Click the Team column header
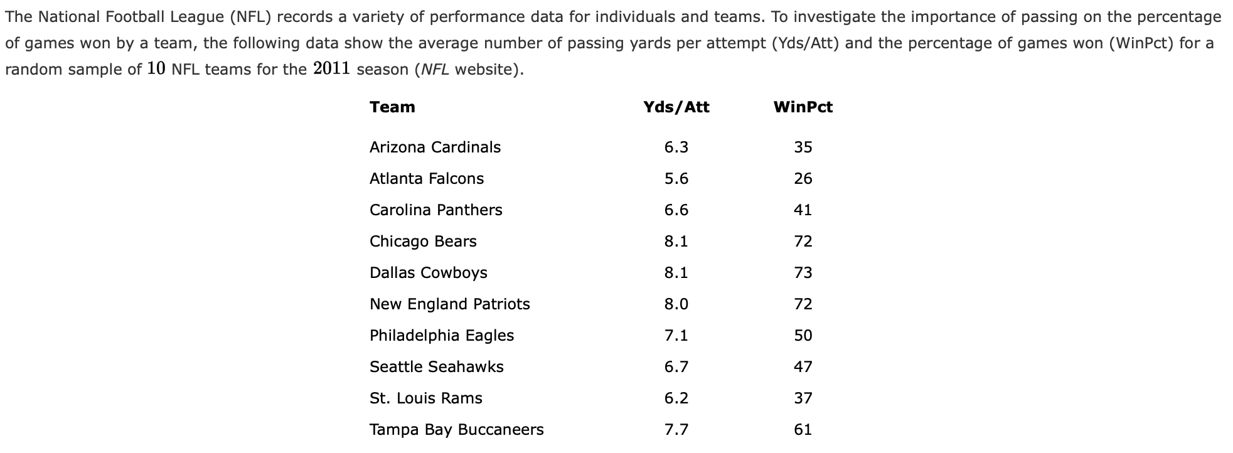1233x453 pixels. click(x=392, y=107)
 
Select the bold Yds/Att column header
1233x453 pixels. click(x=676, y=107)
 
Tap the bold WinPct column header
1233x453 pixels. click(x=803, y=107)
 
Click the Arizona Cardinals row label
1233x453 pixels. click(x=435, y=147)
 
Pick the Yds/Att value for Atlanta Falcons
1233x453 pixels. click(x=676, y=179)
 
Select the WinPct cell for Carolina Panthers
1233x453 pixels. click(x=803, y=210)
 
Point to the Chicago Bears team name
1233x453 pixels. click(x=423, y=242)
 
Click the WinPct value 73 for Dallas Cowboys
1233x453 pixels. click(x=803, y=273)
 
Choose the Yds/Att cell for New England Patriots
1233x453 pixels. click(x=676, y=304)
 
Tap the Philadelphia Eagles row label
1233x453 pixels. click(x=441, y=336)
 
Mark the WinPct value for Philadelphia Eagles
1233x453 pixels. click(x=803, y=336)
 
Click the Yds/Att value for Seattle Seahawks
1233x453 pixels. click(x=676, y=367)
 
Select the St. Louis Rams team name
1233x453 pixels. click(x=425, y=398)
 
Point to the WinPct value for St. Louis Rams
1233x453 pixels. click(x=803, y=398)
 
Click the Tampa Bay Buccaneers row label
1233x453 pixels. click(x=456, y=430)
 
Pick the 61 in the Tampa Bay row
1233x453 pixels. click(x=803, y=430)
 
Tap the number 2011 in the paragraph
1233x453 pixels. click(x=331, y=68)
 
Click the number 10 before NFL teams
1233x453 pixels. click(x=156, y=68)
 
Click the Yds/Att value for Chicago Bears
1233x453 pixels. click(x=676, y=242)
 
